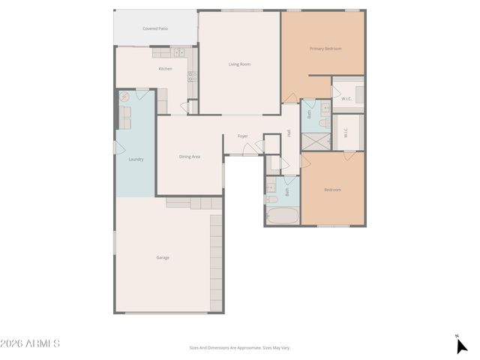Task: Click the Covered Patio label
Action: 154,28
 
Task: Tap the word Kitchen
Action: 165,69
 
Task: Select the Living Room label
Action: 239,64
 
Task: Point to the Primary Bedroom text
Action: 325,49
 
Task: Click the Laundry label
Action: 136,159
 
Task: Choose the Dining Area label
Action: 189,157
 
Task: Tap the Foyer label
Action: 243,136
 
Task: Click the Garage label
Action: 163,257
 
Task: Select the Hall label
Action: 289,133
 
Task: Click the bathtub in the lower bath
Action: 282,216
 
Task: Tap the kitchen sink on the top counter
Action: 178,52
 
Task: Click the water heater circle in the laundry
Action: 125,97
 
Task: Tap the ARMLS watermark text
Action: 31,343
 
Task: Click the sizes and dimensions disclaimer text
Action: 239,347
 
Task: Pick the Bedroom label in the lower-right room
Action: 332,190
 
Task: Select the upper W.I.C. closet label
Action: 346,98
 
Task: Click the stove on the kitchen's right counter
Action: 192,76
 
